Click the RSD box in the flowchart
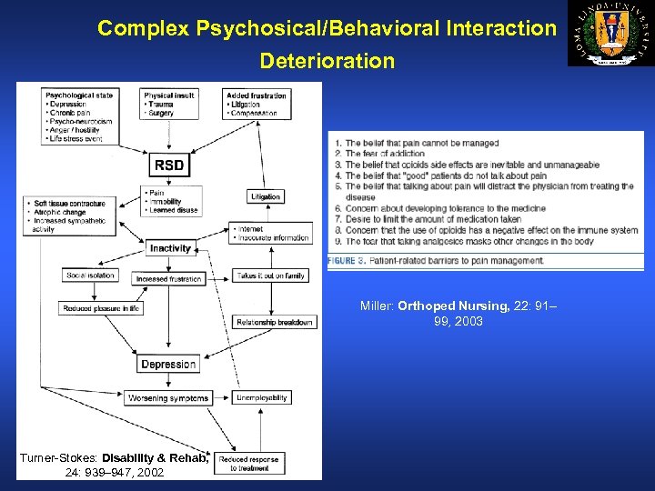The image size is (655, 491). [169, 165]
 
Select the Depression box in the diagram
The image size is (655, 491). [168, 365]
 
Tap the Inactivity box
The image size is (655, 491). [170, 247]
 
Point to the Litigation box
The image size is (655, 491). [265, 196]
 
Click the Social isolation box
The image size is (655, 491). [91, 275]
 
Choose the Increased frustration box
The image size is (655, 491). [169, 279]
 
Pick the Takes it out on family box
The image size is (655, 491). [271, 275]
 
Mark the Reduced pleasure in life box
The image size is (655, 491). [101, 309]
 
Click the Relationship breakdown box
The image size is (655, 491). [275, 322]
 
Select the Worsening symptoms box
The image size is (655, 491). [168, 397]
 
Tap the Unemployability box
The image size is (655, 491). [262, 397]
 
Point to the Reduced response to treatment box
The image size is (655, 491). [250, 464]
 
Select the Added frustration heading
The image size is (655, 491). [257, 95]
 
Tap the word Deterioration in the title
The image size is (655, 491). [327, 62]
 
